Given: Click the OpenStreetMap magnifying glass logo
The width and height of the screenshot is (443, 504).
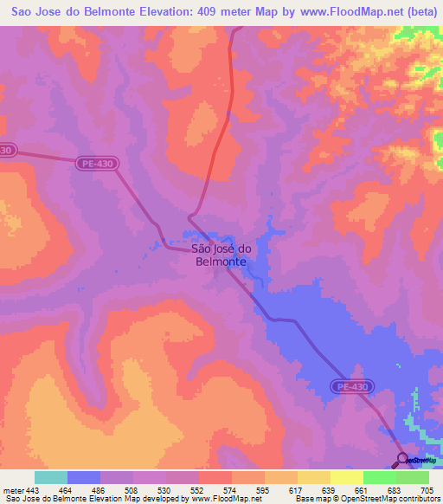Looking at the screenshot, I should coord(401,460).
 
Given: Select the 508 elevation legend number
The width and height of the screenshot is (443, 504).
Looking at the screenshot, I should coord(130,490).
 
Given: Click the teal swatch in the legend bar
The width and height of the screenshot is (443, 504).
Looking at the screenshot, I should coord(51,477).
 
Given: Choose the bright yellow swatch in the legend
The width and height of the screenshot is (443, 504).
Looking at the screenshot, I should coord(346,477).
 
